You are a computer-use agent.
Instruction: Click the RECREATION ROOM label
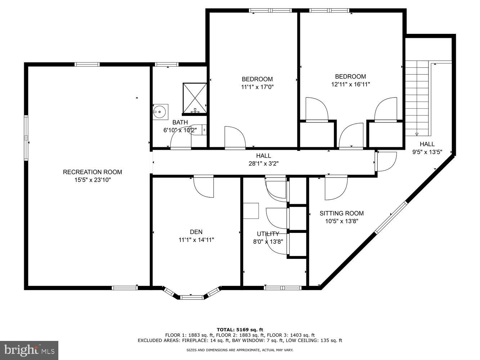pyautogui.click(x=93, y=172)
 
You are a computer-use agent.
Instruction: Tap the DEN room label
pyautogui.click(x=196, y=232)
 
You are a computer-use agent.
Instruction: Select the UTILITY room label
pyautogui.click(x=268, y=234)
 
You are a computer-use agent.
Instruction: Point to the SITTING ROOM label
pyautogui.click(x=342, y=213)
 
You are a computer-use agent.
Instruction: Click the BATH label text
pyautogui.click(x=180, y=122)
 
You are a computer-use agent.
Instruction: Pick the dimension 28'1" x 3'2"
pyautogui.click(x=263, y=163)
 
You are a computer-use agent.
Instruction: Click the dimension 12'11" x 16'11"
pyautogui.click(x=350, y=84)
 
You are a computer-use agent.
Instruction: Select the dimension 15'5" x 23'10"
pyautogui.click(x=93, y=180)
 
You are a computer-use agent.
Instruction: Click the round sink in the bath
pyautogui.click(x=160, y=112)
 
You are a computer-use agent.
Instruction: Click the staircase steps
pyautogui.click(x=418, y=97)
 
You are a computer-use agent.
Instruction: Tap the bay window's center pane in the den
pyautogui.click(x=191, y=297)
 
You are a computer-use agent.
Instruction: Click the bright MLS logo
pyautogui.click(x=30, y=350)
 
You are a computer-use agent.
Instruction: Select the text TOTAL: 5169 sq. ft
pyautogui.click(x=240, y=329)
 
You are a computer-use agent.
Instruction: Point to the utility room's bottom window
pyautogui.click(x=283, y=288)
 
